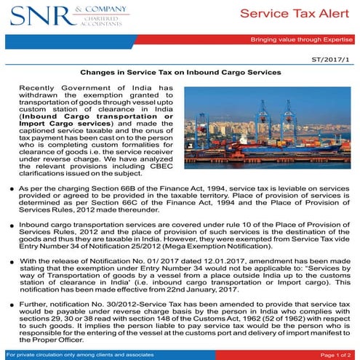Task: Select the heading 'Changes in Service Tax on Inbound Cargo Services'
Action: pos(180,73)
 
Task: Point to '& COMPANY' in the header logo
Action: pos(94,9)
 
